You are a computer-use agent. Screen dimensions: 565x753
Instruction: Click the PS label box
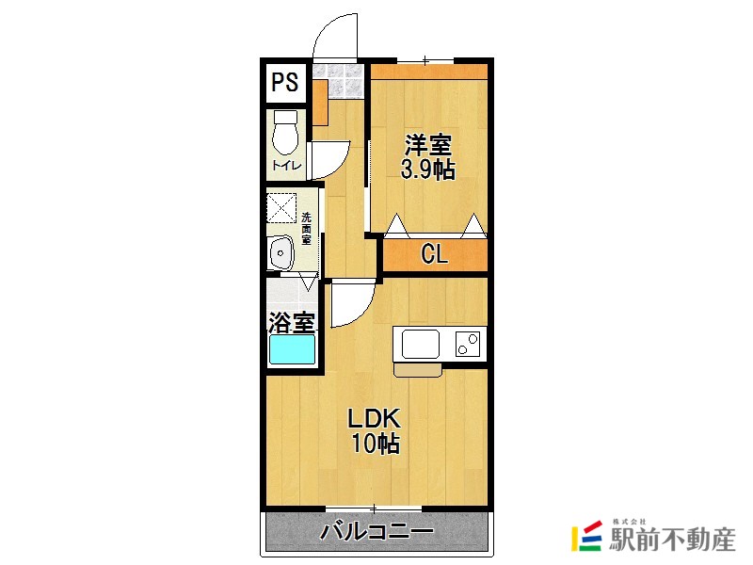click(x=285, y=82)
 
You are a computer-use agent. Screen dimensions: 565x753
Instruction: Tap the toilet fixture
click(x=285, y=134)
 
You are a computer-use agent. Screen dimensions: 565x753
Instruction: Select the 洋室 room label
click(x=428, y=146)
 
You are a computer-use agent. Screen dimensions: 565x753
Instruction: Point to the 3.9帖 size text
click(x=428, y=170)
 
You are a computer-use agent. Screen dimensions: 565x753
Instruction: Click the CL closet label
click(x=434, y=254)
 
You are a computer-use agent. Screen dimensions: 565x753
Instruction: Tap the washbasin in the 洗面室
click(x=280, y=252)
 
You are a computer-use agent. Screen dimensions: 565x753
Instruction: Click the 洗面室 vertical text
click(x=306, y=225)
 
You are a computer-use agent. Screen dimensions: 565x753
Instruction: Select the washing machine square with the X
click(x=281, y=206)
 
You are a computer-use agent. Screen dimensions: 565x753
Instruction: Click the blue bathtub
click(x=292, y=350)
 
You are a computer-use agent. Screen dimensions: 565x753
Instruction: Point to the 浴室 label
click(x=291, y=322)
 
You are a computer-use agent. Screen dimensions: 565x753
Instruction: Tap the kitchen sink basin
click(x=421, y=344)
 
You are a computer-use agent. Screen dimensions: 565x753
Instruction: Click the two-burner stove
click(x=468, y=344)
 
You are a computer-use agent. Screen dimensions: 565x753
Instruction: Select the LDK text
click(x=376, y=418)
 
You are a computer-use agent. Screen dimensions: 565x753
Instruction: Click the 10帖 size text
click(x=376, y=444)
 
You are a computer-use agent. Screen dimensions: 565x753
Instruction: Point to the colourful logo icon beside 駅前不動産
click(x=587, y=536)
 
